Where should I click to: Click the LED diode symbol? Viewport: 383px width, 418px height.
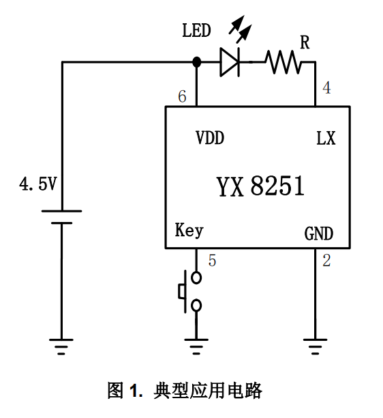(x=230, y=62)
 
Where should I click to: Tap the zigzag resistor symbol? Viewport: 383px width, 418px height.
(x=284, y=62)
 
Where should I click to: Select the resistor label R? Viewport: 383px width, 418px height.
(x=305, y=42)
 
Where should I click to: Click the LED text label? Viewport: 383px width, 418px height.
(x=196, y=30)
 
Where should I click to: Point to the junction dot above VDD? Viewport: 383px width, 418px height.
(x=196, y=62)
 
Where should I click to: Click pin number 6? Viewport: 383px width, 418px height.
(x=182, y=96)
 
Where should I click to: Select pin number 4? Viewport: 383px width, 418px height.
(x=326, y=87)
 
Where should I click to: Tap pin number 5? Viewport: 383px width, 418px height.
(x=212, y=260)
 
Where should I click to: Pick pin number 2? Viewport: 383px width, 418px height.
(x=326, y=260)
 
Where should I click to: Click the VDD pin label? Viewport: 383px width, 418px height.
(x=210, y=138)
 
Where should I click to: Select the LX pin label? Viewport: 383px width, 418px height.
(x=326, y=139)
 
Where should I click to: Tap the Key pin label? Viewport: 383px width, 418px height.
(x=189, y=230)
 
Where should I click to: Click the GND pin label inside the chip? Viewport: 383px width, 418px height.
(x=319, y=234)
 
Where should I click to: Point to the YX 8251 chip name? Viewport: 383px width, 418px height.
(x=260, y=186)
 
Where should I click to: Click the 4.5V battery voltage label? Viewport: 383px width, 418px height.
(x=38, y=184)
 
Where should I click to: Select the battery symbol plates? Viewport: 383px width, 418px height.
(x=62, y=217)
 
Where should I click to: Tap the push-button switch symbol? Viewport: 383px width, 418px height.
(x=190, y=291)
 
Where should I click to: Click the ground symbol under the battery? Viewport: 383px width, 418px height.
(x=61, y=346)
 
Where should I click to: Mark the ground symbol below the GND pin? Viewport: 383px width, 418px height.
(x=315, y=346)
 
